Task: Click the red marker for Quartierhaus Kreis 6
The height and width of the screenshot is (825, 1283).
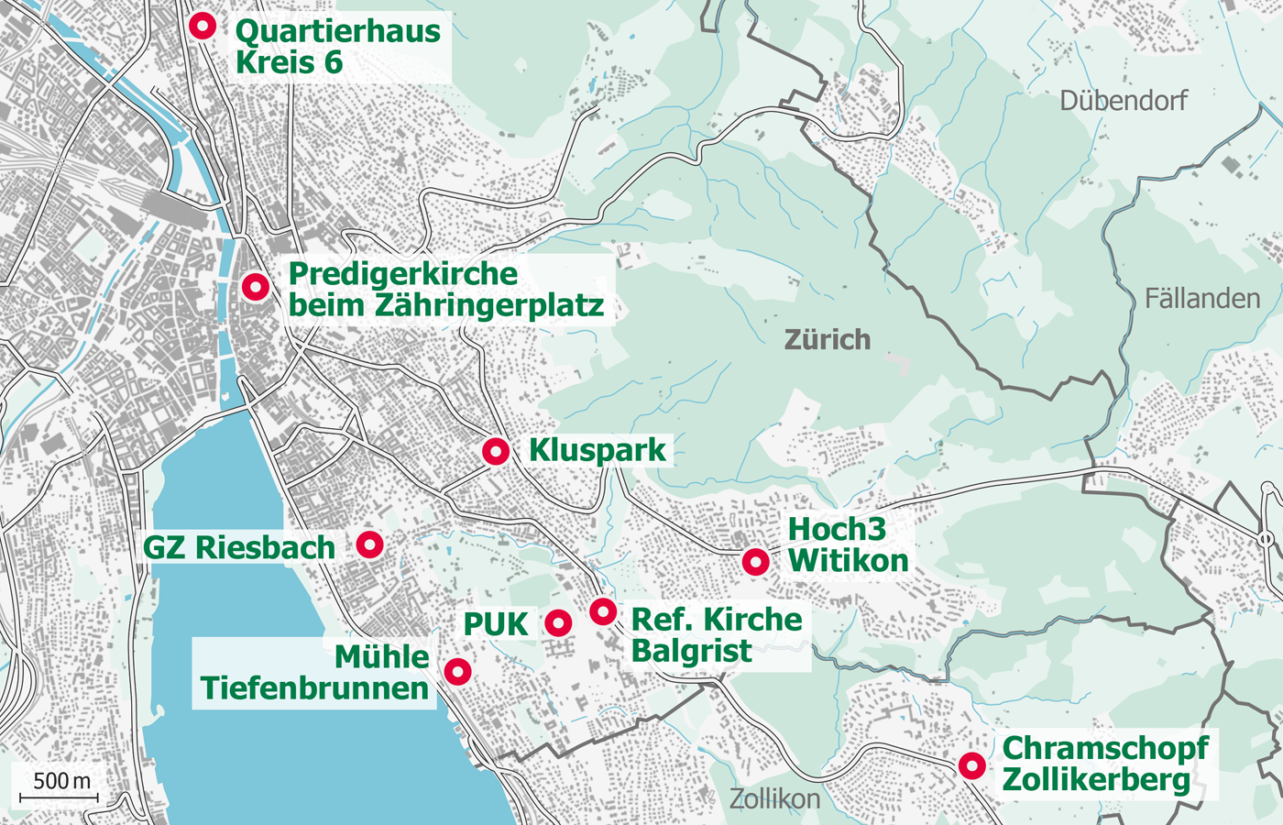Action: pos(203,26)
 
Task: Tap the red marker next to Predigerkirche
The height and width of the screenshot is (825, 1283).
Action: pos(256,287)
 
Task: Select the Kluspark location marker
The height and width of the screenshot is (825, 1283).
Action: pos(496,451)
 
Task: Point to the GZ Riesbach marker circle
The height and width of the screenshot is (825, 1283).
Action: pos(369,544)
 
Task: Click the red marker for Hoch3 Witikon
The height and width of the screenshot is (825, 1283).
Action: pos(755,561)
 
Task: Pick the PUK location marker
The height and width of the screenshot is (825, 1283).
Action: pos(558,623)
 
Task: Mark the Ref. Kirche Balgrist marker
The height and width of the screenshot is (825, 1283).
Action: pos(602,610)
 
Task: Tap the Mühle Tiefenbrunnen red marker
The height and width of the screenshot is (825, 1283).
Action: pos(457,672)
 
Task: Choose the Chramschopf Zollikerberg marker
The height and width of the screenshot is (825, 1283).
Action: pos(971,765)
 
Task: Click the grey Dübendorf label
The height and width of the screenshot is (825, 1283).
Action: pos(1123,100)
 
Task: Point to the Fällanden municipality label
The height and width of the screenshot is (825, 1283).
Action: pos(1201,299)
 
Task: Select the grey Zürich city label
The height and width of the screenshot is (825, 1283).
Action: pos(828,340)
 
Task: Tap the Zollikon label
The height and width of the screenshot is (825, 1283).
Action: pos(774,799)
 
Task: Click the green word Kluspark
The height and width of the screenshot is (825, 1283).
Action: pos(598,450)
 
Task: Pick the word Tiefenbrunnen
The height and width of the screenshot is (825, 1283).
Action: pos(314,688)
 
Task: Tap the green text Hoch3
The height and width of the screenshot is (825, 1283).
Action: pos(837,529)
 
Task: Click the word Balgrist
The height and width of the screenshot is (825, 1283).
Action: pos(691,651)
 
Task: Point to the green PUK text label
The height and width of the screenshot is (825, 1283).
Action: pos(496,624)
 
